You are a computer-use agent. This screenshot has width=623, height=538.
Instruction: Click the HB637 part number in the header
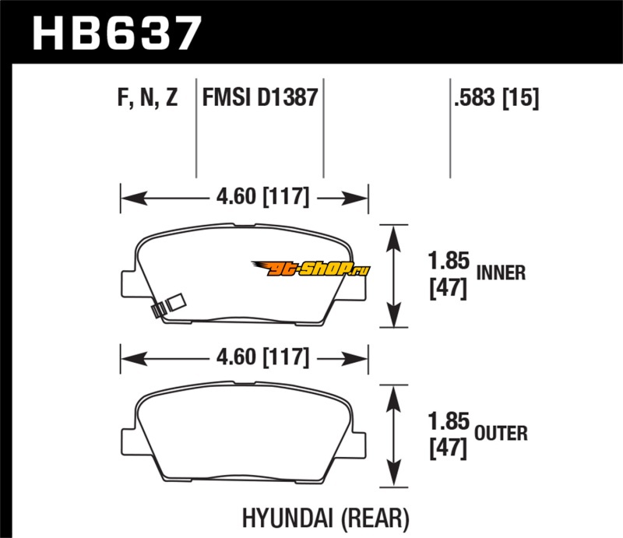[117, 33]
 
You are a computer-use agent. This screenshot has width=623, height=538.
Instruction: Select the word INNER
[502, 273]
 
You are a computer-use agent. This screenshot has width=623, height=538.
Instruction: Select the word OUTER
[502, 432]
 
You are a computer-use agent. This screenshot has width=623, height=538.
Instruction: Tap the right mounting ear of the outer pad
[361, 440]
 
